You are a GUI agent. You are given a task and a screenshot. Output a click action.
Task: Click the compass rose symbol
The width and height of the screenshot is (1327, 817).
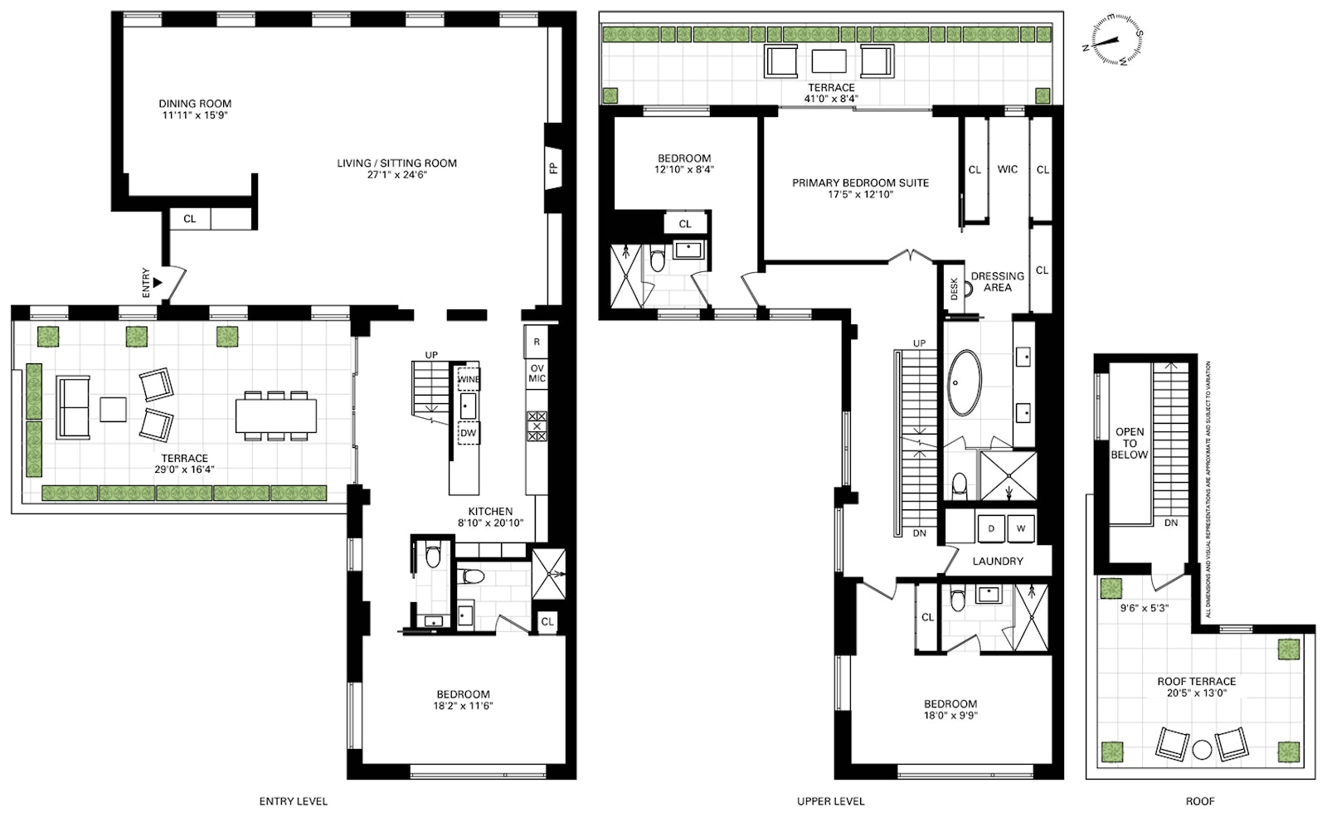pos(1112,41)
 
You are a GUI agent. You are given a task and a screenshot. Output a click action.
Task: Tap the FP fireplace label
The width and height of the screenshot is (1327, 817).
pos(553,168)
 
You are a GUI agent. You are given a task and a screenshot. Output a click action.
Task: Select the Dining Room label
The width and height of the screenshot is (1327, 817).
pos(195,104)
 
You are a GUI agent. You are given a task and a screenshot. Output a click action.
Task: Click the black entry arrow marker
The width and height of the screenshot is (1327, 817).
pos(158,283)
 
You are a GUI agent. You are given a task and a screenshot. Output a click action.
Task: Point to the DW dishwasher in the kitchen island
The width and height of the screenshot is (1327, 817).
pos(468,432)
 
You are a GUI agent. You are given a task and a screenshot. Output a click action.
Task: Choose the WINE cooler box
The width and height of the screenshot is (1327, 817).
pos(468,379)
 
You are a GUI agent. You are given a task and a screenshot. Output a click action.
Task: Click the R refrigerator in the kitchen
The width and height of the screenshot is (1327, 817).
pos(536,342)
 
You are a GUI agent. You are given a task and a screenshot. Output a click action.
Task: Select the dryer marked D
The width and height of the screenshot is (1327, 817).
pos(990,528)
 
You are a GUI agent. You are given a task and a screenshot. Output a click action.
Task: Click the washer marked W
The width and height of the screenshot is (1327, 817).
pos(1021,528)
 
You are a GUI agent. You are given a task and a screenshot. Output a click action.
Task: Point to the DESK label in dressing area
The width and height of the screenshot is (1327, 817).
pos(954,289)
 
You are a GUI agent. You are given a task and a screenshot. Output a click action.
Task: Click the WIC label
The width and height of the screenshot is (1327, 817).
pos(1007,169)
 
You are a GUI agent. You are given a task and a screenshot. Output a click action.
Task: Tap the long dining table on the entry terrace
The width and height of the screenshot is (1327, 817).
pos(275,416)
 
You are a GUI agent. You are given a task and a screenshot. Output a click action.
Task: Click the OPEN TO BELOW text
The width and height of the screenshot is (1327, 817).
pos(1129,443)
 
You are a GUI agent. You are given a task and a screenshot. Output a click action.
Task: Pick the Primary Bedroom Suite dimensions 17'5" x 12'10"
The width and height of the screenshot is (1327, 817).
pos(860,194)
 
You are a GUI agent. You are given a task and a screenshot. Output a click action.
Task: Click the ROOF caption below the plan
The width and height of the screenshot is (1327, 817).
pos(1199,801)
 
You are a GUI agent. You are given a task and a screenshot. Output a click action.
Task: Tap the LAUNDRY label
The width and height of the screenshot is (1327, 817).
pos(998,561)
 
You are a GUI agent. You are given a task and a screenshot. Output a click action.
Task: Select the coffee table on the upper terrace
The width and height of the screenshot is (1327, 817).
pos(829,61)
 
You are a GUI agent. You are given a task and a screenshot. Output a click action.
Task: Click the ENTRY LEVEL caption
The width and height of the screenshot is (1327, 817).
pos(294,801)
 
